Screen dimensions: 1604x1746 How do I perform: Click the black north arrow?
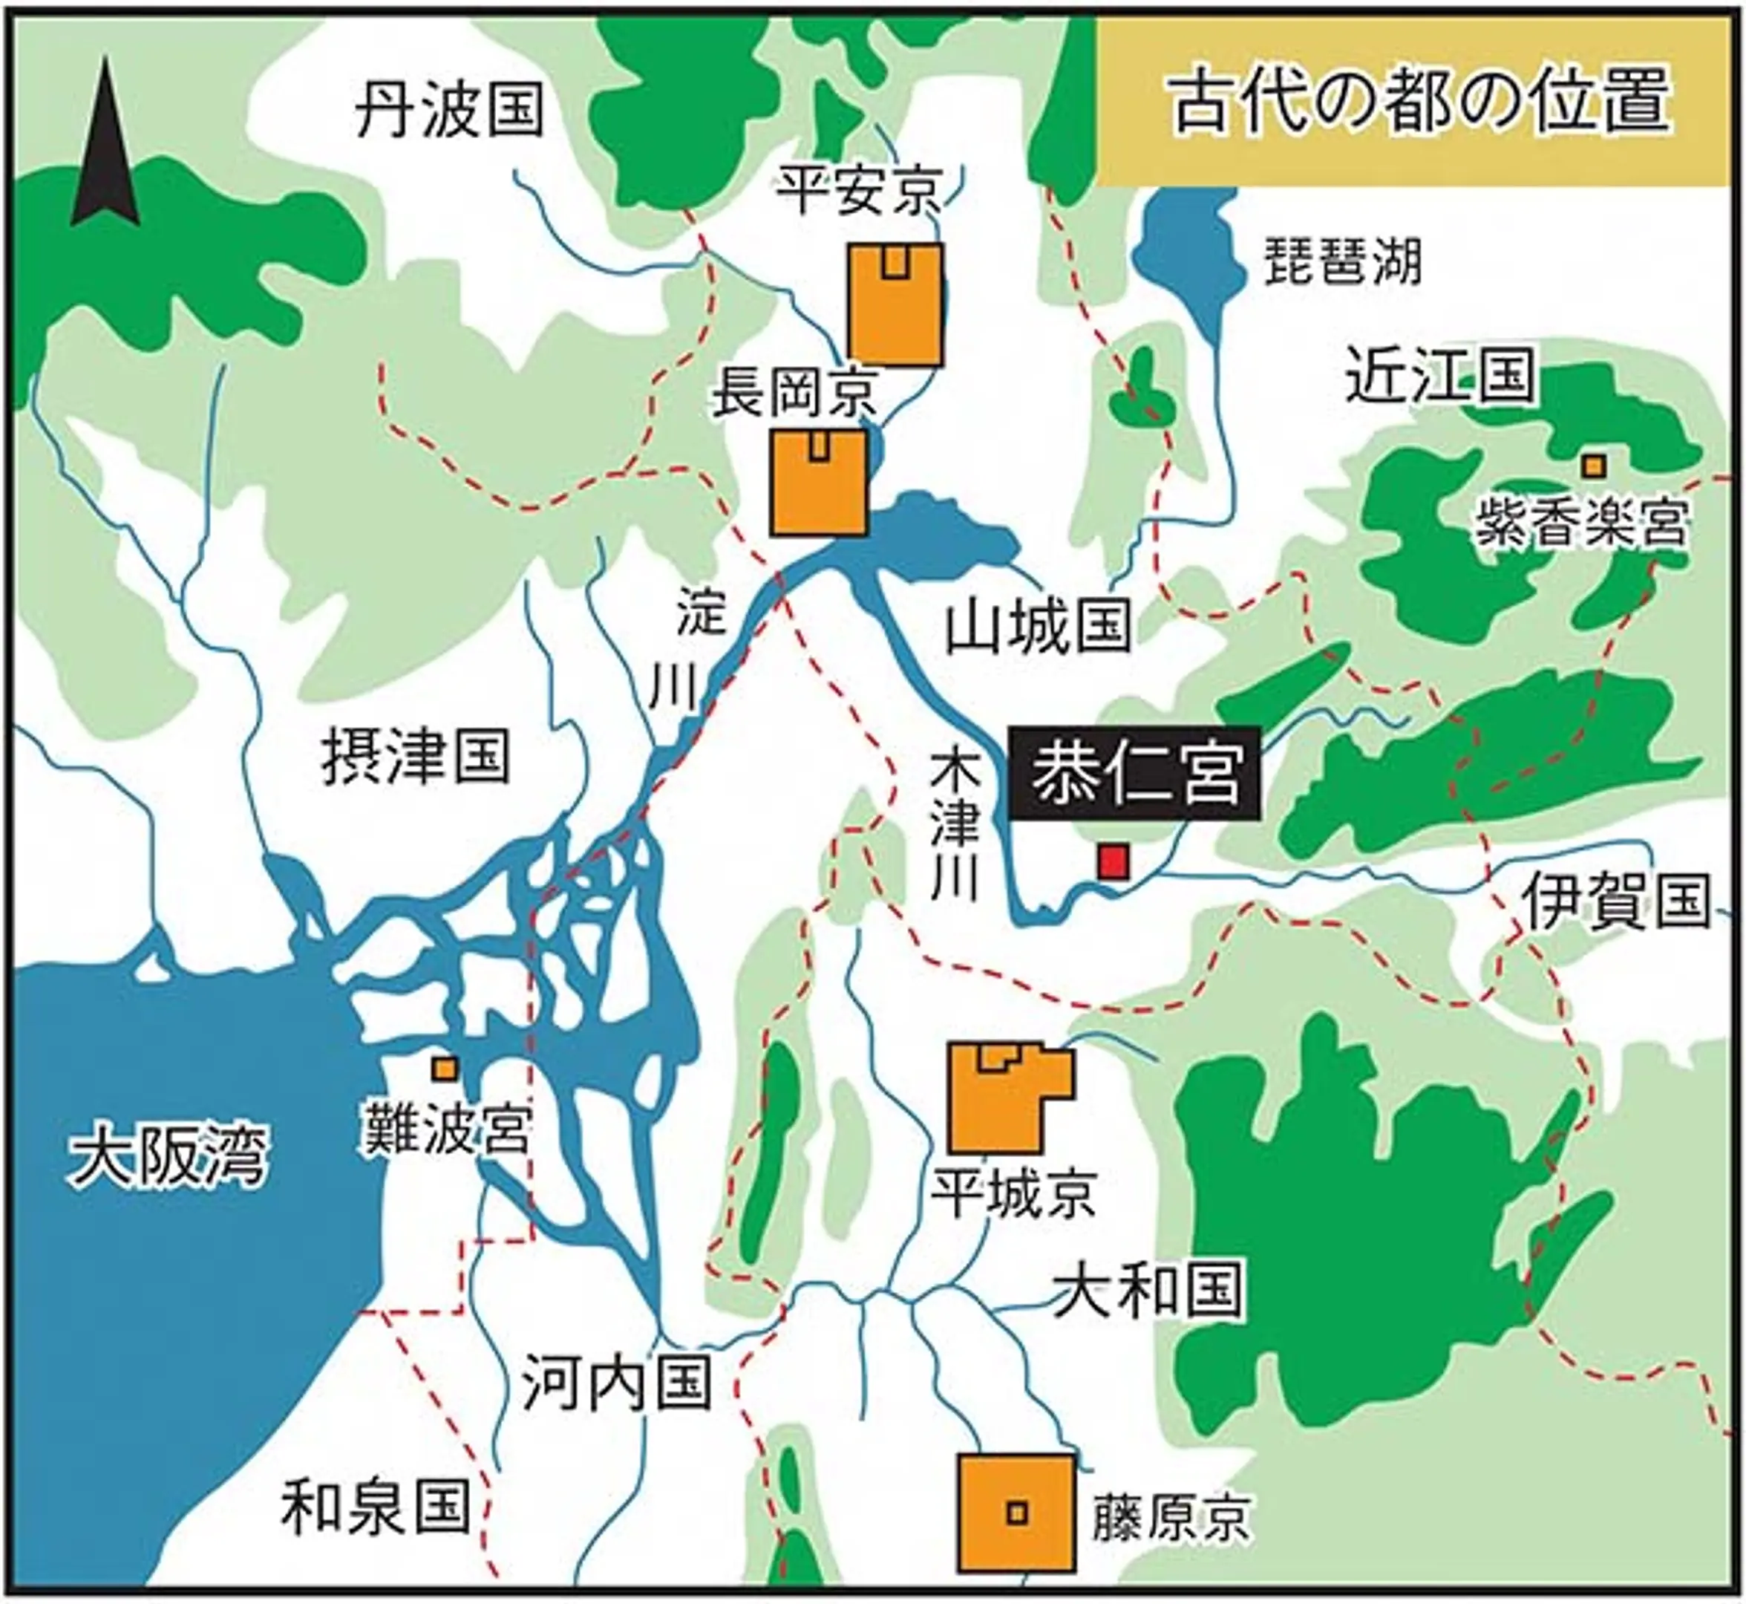(x=105, y=148)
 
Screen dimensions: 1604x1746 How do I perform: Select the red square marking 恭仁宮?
(x=1114, y=862)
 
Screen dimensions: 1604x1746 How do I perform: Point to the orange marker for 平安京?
(x=895, y=304)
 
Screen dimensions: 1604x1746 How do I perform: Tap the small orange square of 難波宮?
(x=445, y=1068)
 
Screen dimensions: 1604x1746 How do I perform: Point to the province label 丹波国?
(x=450, y=110)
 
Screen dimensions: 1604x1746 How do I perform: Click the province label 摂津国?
(x=416, y=757)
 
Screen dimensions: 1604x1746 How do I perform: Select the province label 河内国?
(x=617, y=1383)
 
